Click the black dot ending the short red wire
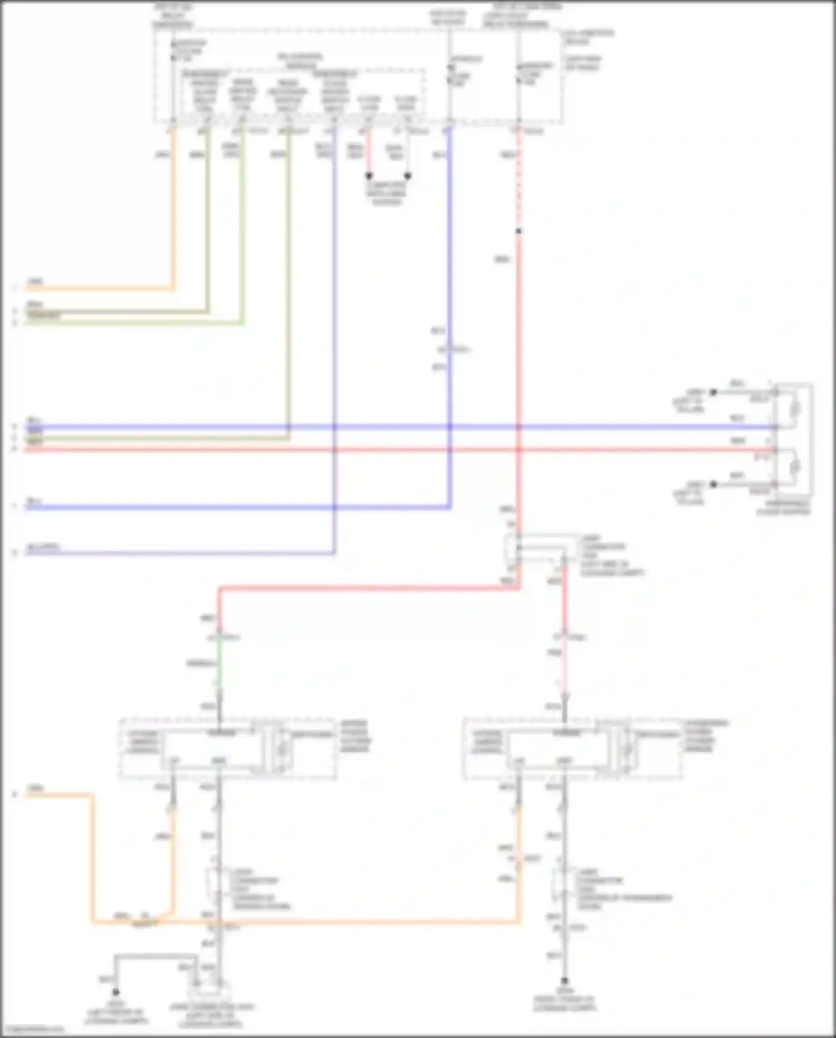click(368, 176)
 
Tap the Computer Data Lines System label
click(386, 193)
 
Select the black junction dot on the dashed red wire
click(518, 231)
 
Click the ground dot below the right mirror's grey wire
click(564, 980)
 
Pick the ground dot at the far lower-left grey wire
click(116, 992)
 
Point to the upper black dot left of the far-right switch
click(713, 392)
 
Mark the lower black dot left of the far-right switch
click(713, 484)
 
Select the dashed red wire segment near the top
click(518, 178)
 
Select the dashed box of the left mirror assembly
click(227, 749)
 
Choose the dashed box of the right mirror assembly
click(572, 749)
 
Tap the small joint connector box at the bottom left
click(209, 991)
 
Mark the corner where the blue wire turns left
click(449, 507)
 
